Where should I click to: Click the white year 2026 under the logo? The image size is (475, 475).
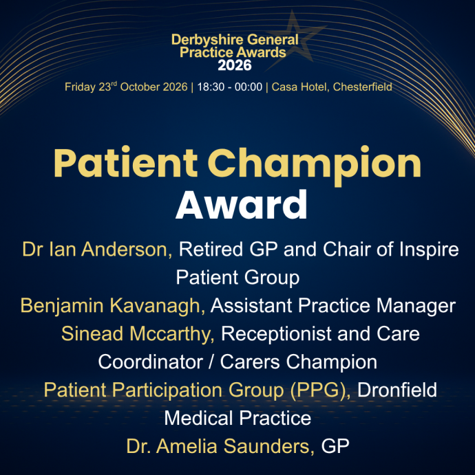[235, 65]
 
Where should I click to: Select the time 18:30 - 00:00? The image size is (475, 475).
[230, 87]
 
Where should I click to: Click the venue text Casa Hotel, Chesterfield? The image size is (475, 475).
[332, 87]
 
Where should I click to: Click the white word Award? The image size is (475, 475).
[242, 204]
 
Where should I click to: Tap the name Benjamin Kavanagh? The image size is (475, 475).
[112, 305]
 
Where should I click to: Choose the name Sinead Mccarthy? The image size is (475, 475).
[138, 333]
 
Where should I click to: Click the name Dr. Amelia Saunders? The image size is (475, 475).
[220, 446]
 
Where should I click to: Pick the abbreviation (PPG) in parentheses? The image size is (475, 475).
[320, 390]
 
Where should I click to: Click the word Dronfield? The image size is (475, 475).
[397, 390]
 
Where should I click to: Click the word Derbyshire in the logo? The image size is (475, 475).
[207, 40]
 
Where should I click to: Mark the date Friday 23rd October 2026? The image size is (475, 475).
[126, 87]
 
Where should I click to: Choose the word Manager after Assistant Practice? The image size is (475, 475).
[416, 306]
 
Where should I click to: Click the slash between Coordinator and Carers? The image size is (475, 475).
[211, 362]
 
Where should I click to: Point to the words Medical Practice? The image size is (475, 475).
[237, 418]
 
